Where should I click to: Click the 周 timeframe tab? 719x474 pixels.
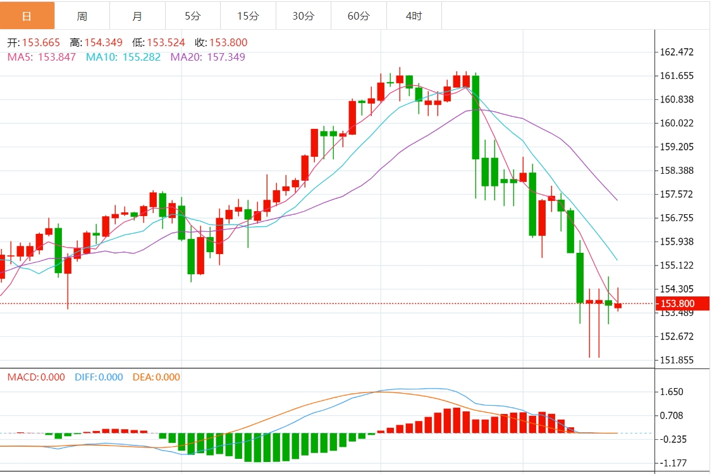click(82, 16)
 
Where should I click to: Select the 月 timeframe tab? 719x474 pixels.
click(137, 16)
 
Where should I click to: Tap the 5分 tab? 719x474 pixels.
click(193, 16)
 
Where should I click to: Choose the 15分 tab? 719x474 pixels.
click(248, 16)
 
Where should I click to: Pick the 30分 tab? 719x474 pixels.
click(303, 16)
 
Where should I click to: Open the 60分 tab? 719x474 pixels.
click(359, 16)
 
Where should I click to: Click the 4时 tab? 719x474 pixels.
click(414, 16)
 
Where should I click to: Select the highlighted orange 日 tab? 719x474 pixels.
click(27, 16)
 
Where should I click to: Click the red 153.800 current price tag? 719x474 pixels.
click(677, 303)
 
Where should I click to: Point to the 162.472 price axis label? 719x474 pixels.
click(677, 52)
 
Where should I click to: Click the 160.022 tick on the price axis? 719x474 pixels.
click(677, 123)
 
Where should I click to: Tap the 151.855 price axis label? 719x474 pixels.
click(677, 360)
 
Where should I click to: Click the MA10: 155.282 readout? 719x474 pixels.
click(123, 57)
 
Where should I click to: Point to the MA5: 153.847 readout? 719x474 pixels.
click(42, 57)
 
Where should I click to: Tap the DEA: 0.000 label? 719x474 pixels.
click(156, 377)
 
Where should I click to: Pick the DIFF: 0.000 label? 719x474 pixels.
click(99, 377)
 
